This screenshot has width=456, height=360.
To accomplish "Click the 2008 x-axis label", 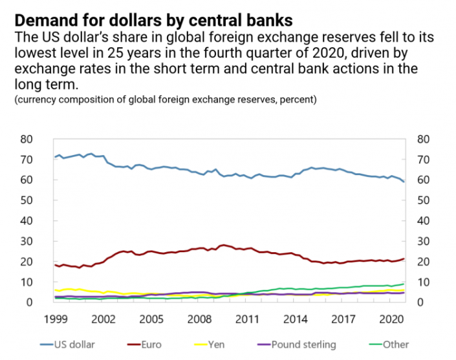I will (x=198, y=319).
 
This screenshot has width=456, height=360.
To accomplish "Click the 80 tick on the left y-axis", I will (x=27, y=139).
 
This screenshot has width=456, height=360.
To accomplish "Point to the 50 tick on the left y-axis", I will (x=27, y=200).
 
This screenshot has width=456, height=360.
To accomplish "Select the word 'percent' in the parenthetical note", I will (x=296, y=100).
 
